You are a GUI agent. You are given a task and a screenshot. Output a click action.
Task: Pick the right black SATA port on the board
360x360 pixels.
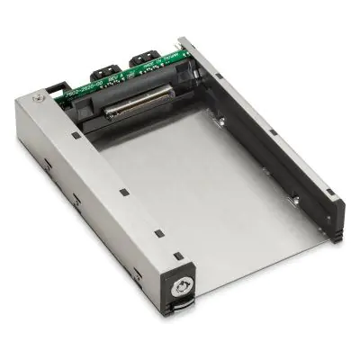[x=143, y=61]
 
